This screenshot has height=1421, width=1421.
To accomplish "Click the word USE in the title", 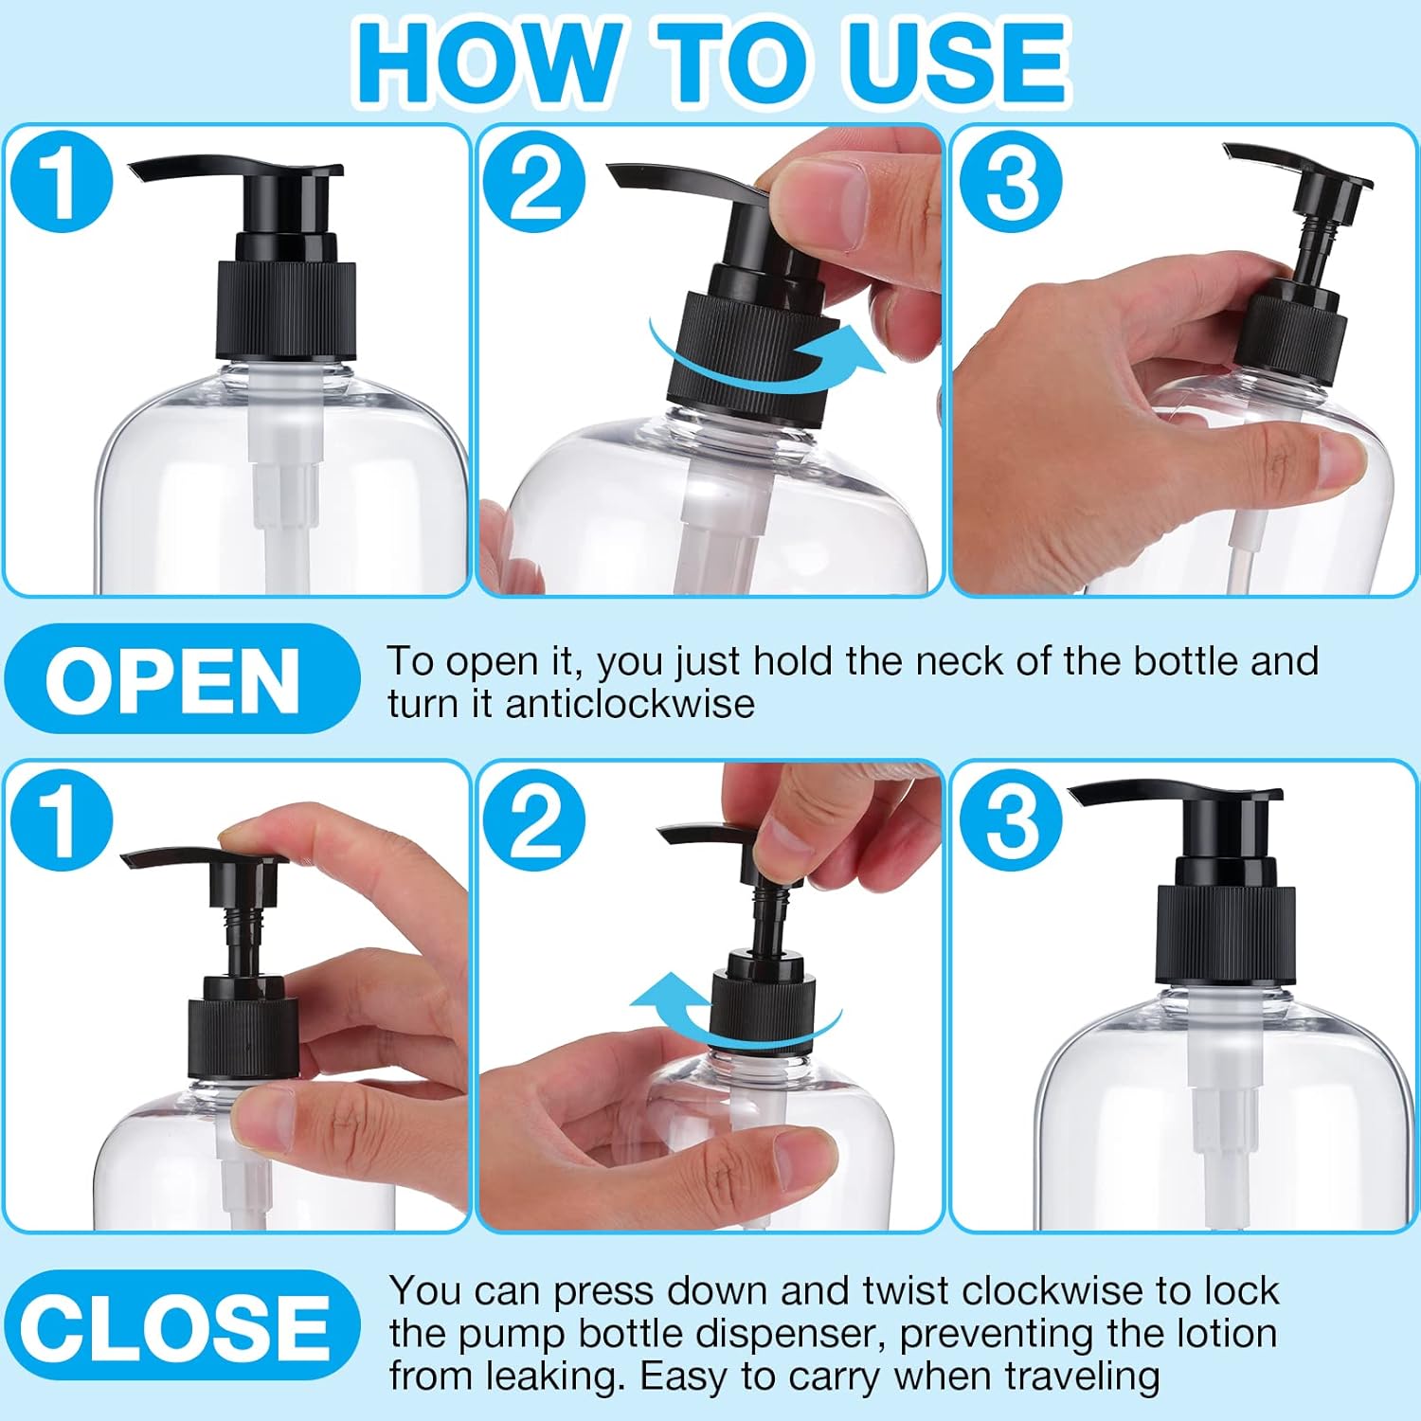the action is point(958,61).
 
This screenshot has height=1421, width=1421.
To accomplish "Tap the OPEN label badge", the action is point(182,679).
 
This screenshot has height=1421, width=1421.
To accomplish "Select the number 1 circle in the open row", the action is point(63,180).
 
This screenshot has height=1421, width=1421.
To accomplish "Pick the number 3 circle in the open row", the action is point(1011,180).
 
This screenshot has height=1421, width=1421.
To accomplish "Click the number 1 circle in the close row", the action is point(63,819).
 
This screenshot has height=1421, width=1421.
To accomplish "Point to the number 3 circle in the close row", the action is point(1011,819).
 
